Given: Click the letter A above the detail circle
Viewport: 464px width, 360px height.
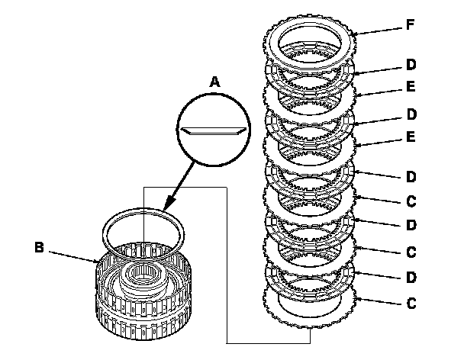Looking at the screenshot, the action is tap(215, 82).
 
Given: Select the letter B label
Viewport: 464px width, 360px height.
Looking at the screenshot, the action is tap(39, 247).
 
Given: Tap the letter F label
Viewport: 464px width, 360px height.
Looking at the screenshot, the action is tap(410, 24).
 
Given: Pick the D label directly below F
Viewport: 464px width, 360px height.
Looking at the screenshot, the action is tap(411, 65).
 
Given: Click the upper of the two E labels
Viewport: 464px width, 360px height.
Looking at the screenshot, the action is tap(411, 86).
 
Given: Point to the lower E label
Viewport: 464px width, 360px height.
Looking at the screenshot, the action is tap(411, 137).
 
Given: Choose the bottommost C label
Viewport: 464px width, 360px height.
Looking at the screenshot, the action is tap(411, 304).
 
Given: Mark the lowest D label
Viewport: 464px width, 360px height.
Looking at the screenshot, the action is tap(411, 277).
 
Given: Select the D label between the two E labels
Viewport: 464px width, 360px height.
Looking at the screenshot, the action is tap(411, 114).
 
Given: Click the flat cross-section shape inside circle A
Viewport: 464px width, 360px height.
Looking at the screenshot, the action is tap(214, 131).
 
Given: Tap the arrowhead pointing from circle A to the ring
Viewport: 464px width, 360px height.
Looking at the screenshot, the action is tap(169, 204).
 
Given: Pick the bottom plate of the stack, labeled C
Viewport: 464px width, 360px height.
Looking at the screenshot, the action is tap(309, 323).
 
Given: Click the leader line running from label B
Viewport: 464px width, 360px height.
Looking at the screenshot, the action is tap(73, 257).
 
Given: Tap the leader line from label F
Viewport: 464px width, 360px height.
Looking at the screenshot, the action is tap(379, 31).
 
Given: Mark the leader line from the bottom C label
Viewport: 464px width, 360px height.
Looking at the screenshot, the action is tap(379, 301).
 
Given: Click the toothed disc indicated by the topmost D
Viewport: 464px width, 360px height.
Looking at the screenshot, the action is tap(309, 78).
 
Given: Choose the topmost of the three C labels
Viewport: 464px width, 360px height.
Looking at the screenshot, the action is tap(411, 201).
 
